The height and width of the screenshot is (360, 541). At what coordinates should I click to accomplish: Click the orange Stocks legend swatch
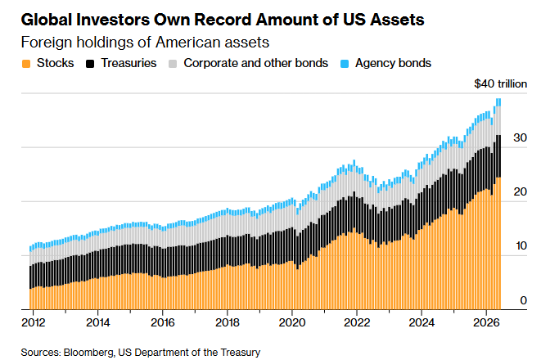[x=26, y=64]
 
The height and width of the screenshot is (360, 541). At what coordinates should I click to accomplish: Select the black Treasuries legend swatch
[x=90, y=64]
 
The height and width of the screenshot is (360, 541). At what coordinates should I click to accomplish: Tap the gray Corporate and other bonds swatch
[x=173, y=64]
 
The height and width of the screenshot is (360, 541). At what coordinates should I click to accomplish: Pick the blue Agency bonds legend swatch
[x=345, y=64]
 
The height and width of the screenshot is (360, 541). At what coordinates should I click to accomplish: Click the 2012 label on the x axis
[x=33, y=322]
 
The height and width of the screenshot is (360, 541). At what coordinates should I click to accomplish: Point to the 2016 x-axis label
[x=163, y=322]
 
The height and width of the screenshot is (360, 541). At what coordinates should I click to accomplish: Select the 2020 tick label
[x=292, y=322]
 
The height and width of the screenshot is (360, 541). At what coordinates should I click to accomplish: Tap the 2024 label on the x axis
[x=422, y=322]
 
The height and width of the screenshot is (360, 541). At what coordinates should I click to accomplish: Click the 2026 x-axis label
[x=486, y=322]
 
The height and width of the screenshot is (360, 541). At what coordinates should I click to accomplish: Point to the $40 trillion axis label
[x=501, y=83]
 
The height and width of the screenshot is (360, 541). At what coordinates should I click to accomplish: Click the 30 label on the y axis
[x=520, y=137]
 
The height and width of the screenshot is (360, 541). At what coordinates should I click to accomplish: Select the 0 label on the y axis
[x=524, y=300]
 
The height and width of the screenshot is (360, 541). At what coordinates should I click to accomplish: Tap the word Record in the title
[x=224, y=20]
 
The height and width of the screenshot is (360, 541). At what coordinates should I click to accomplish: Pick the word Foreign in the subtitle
[x=47, y=43]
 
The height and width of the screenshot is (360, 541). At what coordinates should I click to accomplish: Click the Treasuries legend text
[x=128, y=63]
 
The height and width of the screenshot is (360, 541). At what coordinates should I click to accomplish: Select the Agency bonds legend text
[x=394, y=64]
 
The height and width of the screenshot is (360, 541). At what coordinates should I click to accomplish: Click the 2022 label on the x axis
[x=357, y=322]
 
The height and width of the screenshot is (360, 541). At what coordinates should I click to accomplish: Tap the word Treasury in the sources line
[x=240, y=353]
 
